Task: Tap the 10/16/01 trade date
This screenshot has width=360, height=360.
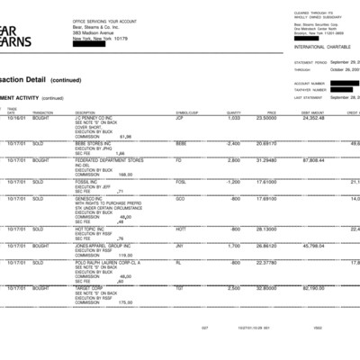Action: point(16,118)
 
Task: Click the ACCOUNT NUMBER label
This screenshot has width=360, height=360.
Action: point(309,82)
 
